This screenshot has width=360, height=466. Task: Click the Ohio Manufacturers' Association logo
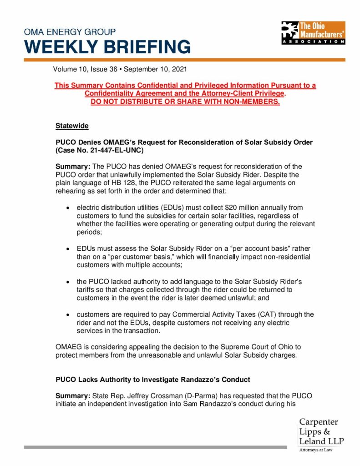coord(313,32)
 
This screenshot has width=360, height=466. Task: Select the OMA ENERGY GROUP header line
coord(70,32)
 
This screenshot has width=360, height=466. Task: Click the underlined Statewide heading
coord(72,125)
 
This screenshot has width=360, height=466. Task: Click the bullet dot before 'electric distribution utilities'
coord(67,208)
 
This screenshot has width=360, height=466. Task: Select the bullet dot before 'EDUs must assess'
coord(67,249)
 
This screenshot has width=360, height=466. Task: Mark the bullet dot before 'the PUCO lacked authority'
coord(67,282)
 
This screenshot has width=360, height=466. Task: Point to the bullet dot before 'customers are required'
coord(67,315)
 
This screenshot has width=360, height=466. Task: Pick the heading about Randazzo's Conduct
coord(153,379)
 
